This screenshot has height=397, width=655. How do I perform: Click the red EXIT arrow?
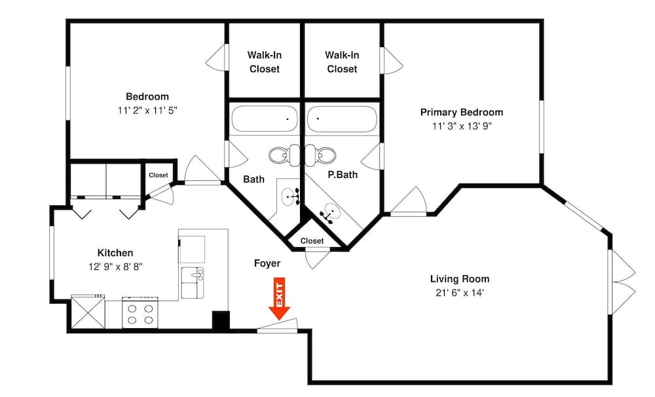point(280,299)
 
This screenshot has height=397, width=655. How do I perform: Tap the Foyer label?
point(267,263)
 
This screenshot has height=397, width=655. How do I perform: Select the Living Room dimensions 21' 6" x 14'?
point(460,293)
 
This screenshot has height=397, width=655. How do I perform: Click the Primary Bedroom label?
point(462,112)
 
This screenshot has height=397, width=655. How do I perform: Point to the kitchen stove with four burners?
point(140,312)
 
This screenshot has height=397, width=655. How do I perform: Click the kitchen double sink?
point(193,283)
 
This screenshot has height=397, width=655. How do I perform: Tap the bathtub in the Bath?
point(265,119)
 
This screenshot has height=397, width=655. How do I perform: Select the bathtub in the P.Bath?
point(343,119)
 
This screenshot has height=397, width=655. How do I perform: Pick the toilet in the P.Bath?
point(321,155)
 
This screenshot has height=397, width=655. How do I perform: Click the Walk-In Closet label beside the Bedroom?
point(265,62)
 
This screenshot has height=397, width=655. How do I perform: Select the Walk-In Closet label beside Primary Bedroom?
point(342,62)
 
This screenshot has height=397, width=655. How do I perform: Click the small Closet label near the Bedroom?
point(159,175)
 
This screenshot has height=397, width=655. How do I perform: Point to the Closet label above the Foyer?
point(312,240)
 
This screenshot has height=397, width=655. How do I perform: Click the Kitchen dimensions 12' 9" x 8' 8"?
point(115,267)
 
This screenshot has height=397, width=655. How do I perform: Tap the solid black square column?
point(221,320)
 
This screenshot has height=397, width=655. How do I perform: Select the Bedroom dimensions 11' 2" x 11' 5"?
point(147,110)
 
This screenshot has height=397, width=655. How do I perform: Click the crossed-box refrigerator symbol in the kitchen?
point(88,312)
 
